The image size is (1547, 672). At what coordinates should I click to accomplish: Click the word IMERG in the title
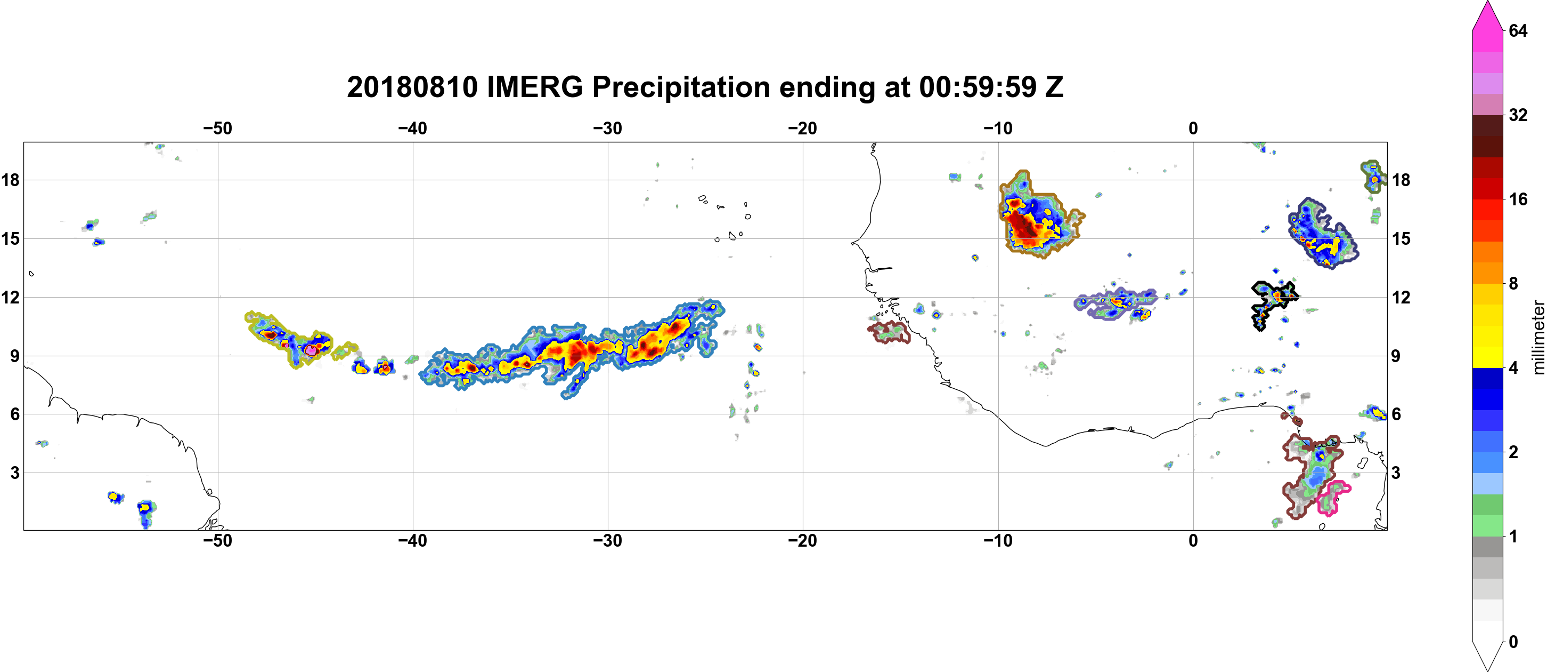click(534, 87)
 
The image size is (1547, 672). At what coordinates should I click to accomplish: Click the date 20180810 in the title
click(412, 87)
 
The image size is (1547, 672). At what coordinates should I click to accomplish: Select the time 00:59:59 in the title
click(978, 87)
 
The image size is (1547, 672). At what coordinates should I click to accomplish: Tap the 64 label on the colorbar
click(1518, 30)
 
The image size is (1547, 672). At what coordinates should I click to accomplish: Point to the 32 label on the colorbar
click(1518, 115)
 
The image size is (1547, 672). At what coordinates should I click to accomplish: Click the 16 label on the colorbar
click(1518, 199)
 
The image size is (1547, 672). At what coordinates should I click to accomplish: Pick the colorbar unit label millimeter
click(1538, 337)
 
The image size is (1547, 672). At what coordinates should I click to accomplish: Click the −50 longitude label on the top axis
click(217, 129)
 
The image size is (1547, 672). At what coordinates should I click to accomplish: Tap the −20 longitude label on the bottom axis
click(803, 541)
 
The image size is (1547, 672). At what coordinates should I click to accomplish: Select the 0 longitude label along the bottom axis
click(1193, 541)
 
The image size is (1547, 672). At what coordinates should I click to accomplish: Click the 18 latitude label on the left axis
click(10, 180)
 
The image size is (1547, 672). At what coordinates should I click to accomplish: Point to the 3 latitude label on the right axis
click(1396, 473)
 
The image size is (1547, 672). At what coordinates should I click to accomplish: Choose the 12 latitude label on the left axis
click(10, 297)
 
